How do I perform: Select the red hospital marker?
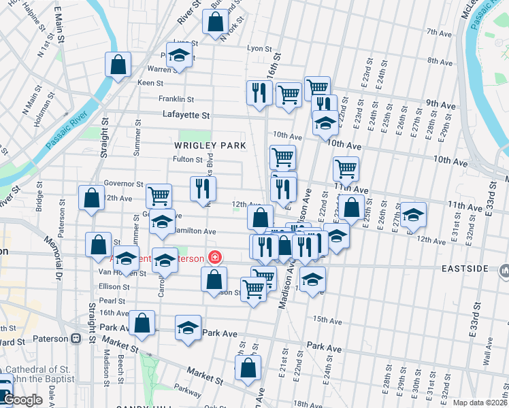point(215,258)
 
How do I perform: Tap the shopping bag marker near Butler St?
point(215,22)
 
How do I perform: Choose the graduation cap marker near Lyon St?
point(180,54)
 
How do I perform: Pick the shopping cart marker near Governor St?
point(159,195)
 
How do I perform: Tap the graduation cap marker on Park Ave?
point(188,328)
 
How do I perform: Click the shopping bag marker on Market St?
point(248,368)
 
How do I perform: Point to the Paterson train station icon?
point(76,338)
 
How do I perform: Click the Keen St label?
point(150,83)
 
